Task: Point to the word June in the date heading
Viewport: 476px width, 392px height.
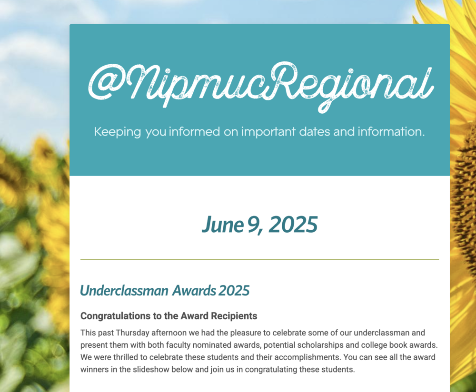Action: click(222, 225)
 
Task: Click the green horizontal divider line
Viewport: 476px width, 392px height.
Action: click(259, 260)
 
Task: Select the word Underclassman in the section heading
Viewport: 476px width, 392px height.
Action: click(124, 291)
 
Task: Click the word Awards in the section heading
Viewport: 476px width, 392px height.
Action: click(194, 291)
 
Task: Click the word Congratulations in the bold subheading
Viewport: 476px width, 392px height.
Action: click(116, 316)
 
